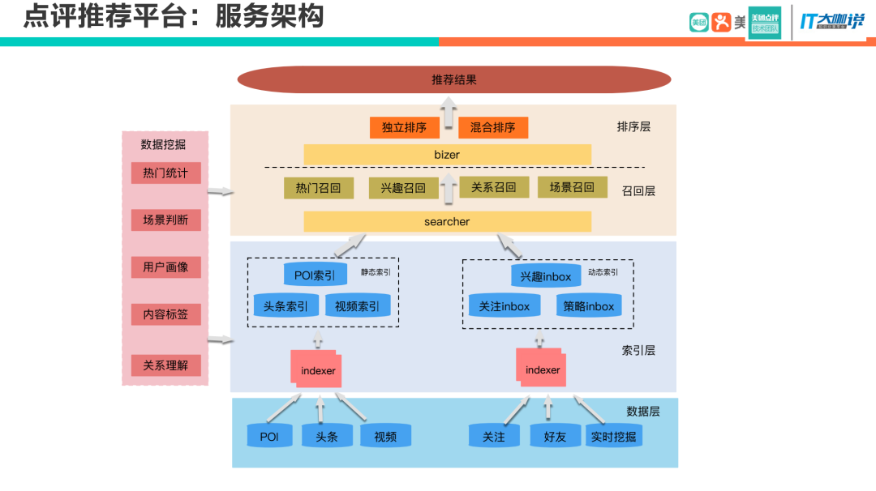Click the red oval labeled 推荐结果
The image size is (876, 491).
click(x=454, y=79)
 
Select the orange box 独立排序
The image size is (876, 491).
click(x=404, y=127)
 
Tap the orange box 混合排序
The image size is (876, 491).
click(x=492, y=127)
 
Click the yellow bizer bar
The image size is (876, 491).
click(x=447, y=154)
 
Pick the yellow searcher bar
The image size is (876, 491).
click(x=447, y=221)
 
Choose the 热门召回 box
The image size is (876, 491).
click(x=319, y=188)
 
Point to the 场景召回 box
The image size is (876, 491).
click(x=572, y=187)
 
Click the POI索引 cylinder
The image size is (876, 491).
click(x=315, y=275)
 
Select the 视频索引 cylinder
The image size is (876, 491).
click(x=358, y=306)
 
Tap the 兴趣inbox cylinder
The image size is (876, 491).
click(x=546, y=275)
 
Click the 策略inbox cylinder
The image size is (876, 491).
click(x=589, y=306)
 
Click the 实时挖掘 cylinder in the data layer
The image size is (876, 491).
click(x=613, y=437)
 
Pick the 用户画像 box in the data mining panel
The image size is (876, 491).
click(x=165, y=267)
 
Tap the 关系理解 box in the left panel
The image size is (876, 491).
click(x=165, y=365)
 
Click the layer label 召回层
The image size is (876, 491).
click(x=638, y=191)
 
